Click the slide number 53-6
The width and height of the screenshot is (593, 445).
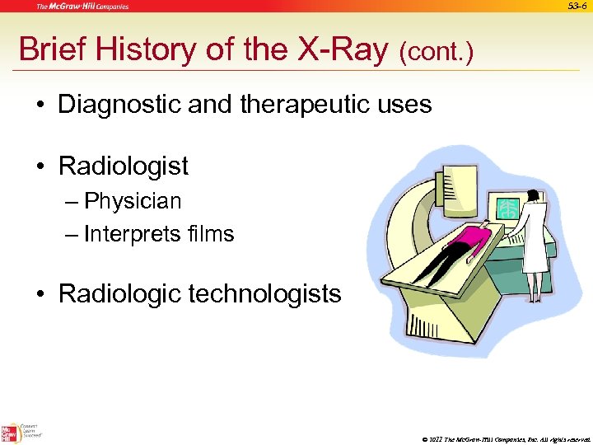(x=577, y=7)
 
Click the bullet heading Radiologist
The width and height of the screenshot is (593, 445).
(x=124, y=166)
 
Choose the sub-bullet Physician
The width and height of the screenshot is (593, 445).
(x=133, y=201)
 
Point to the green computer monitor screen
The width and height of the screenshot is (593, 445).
(x=506, y=210)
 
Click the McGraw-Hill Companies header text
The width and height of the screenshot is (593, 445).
(x=82, y=7)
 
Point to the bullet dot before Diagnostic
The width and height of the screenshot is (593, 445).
(x=40, y=105)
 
